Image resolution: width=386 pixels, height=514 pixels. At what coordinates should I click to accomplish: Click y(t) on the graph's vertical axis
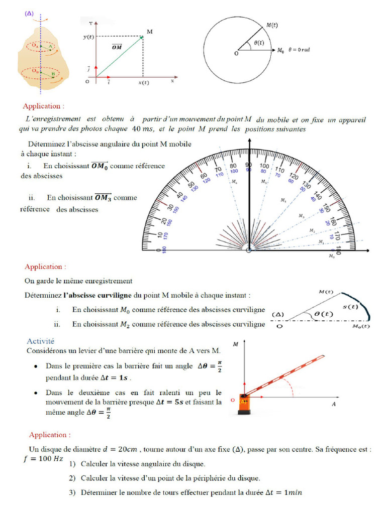(87, 37)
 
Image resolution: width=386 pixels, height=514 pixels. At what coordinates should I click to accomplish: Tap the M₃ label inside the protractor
(302, 216)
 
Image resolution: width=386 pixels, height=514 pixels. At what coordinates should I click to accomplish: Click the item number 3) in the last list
(72, 492)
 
